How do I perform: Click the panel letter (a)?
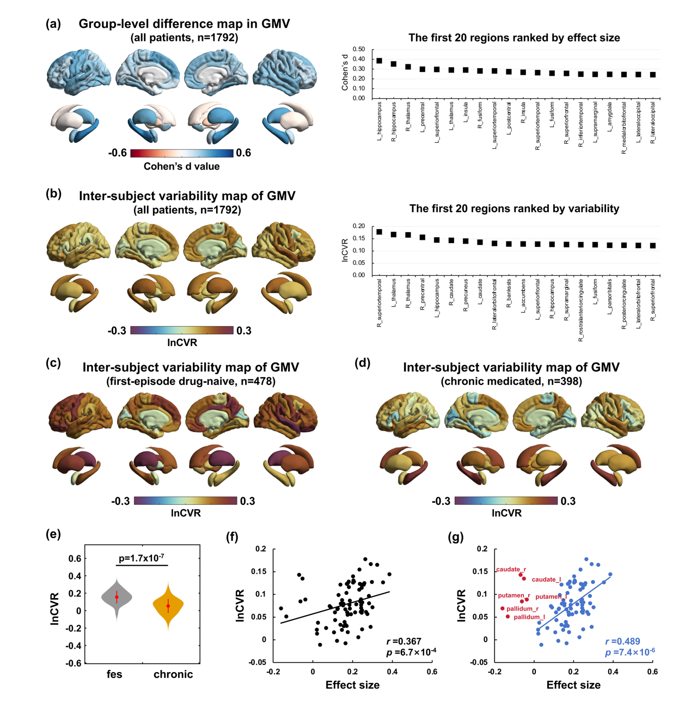tap(53, 24)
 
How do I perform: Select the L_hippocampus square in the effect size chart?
tap(380, 61)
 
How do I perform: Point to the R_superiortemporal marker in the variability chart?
tap(380, 232)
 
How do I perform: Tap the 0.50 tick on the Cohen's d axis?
tap(358, 49)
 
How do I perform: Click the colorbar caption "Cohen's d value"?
tap(182, 166)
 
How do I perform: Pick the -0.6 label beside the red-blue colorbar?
tap(117, 153)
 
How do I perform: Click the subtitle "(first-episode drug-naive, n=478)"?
tap(191, 382)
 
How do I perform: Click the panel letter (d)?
tap(362, 363)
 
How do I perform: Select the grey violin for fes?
tap(117, 597)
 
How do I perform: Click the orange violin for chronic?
tap(168, 605)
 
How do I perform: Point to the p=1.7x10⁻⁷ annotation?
tap(142, 558)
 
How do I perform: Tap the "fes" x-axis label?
tap(114, 674)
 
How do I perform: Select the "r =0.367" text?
tap(403, 641)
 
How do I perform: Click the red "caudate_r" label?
tap(511, 570)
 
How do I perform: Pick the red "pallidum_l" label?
tap(529, 617)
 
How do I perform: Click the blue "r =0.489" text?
tap(623, 641)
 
